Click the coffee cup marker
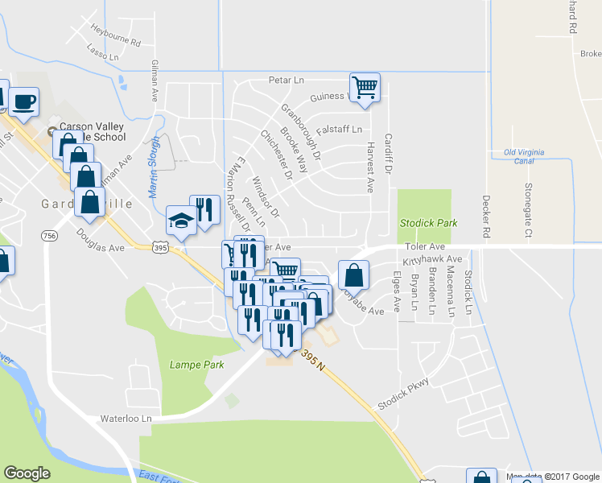[x=24, y=101]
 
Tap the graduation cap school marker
[x=182, y=220]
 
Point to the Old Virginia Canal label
[x=524, y=156]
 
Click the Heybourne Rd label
[x=116, y=42]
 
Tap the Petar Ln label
[x=287, y=80]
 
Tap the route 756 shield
[x=51, y=235]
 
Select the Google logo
[x=27, y=473]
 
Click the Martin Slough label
[x=154, y=167]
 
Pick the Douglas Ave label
[x=101, y=241]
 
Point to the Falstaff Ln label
[x=339, y=129]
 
